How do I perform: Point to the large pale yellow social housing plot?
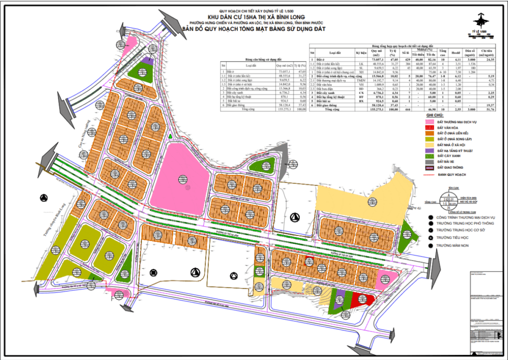357,199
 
